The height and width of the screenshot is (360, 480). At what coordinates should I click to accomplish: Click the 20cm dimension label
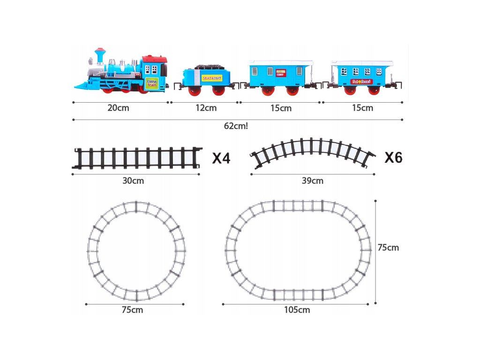[x=118, y=108]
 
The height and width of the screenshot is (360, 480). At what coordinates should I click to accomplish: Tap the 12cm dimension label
[x=206, y=108]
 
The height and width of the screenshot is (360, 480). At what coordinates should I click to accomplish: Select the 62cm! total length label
[x=236, y=126]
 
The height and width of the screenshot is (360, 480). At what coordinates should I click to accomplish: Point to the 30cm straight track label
[x=133, y=181]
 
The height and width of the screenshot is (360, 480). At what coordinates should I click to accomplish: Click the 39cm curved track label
[x=313, y=181]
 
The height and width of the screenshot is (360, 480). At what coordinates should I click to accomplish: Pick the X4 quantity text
[x=221, y=158]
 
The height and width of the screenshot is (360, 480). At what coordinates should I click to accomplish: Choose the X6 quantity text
[x=393, y=157]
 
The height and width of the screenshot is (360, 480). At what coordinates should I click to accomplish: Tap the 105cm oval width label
[x=297, y=310]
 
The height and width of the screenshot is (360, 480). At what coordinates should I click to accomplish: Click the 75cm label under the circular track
[x=133, y=310]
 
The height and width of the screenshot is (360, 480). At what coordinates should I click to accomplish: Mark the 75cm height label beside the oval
[x=388, y=247]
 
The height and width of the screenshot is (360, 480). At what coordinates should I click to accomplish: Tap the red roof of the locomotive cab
[x=155, y=60]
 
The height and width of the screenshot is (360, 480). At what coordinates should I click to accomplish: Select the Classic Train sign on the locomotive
[x=152, y=83]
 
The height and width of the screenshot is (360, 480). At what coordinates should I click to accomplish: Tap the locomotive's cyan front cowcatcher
[x=82, y=85]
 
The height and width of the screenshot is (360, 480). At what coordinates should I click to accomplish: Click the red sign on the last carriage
[x=361, y=81]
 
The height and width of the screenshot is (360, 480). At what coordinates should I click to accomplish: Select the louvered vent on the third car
[x=255, y=71]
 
